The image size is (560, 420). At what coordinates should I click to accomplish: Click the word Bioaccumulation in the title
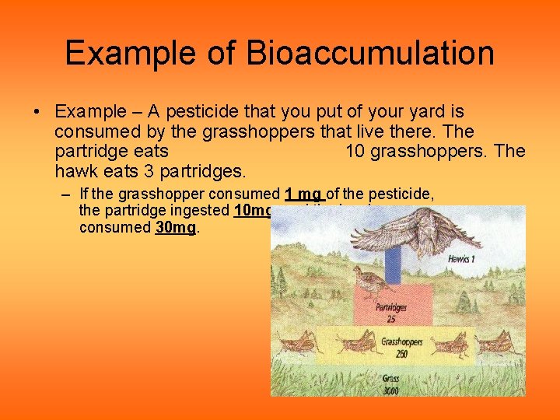[370, 53]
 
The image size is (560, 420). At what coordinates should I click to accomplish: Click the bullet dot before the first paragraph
[37, 113]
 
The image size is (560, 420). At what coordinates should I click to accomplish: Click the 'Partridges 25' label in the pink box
[391, 312]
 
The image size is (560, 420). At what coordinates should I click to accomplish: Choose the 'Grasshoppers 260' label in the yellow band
[402, 347]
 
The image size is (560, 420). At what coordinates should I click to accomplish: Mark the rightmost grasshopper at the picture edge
[502, 344]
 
